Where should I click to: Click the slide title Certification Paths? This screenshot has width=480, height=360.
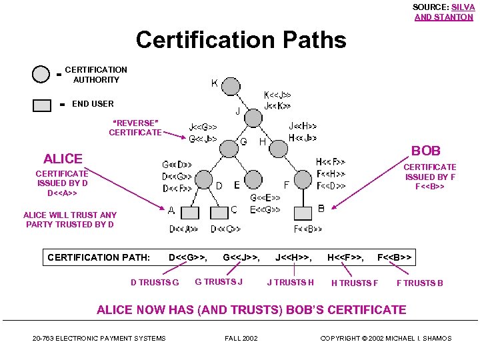pos(241,40)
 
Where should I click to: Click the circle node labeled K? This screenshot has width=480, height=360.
pos(231,86)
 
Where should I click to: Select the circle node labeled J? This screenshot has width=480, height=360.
pos(254,118)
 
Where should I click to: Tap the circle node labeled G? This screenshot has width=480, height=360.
pos(229,148)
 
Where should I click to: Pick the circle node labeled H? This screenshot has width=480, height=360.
pos(278,148)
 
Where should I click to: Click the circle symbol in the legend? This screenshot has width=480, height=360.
pos(41,74)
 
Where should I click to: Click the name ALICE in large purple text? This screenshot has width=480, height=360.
pos(63,159)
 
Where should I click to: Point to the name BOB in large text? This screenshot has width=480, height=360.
pos(425,151)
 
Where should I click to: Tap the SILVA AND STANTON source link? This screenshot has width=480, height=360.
pos(443,13)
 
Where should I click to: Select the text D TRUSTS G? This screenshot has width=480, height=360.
pos(155,283)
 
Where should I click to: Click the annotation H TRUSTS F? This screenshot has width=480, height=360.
pos(355,283)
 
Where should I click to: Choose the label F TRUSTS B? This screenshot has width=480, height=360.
pos(420,283)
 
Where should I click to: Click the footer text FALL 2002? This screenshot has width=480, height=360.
pos(241,339)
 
